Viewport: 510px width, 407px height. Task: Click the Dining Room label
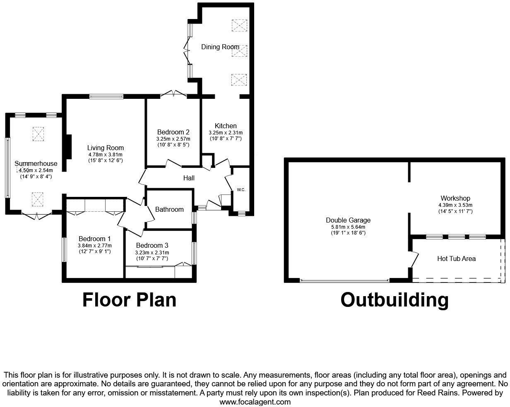point(220,47)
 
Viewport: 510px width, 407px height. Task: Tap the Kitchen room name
point(226,126)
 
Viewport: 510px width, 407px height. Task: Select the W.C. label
point(241,190)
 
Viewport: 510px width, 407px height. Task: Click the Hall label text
point(189,178)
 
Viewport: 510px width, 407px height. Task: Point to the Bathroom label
point(169,209)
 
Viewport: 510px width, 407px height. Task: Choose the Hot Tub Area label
point(456,259)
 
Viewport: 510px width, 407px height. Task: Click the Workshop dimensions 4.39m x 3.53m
point(455,205)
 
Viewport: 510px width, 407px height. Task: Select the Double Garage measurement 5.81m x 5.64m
point(348,227)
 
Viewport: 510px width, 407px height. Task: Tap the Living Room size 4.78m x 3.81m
point(105,154)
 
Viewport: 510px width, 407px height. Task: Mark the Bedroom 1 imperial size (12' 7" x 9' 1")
point(94,251)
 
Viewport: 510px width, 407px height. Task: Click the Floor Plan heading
point(129,300)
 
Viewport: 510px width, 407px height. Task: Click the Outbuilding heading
point(394,300)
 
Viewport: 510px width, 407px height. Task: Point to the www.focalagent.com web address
point(255,402)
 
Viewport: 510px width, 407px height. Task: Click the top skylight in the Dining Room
point(238,25)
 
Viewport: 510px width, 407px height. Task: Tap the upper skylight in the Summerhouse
point(38,134)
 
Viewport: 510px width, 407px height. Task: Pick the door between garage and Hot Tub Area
point(414,259)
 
